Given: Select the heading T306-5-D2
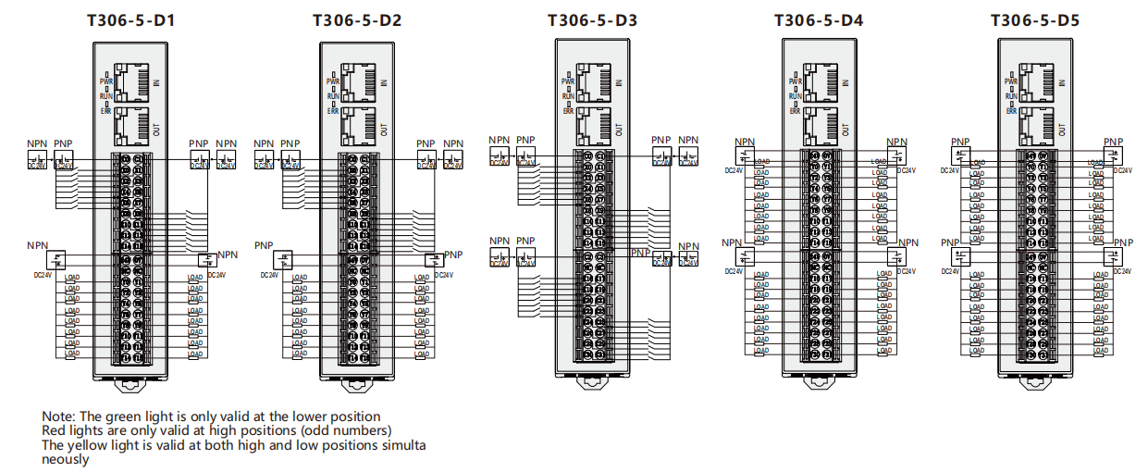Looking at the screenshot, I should pyautogui.click(x=356, y=19).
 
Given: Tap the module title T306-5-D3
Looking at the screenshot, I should pyautogui.click(x=592, y=19).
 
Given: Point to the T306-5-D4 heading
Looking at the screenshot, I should pyautogui.click(x=819, y=19).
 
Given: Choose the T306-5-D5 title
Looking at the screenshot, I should pyautogui.click(x=1035, y=19).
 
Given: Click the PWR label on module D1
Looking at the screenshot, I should pyautogui.click(x=105, y=81).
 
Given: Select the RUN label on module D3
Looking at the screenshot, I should pyautogui.click(x=568, y=96).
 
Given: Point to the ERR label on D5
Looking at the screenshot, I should pyautogui.click(x=1011, y=111).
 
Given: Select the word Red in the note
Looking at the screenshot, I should pyautogui.click(x=54, y=430).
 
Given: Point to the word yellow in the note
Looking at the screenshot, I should pyautogui.click(x=86, y=445).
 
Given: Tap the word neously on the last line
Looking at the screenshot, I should pyautogui.click(x=66, y=459).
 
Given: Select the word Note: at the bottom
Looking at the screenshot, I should pyautogui.click(x=57, y=416).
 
